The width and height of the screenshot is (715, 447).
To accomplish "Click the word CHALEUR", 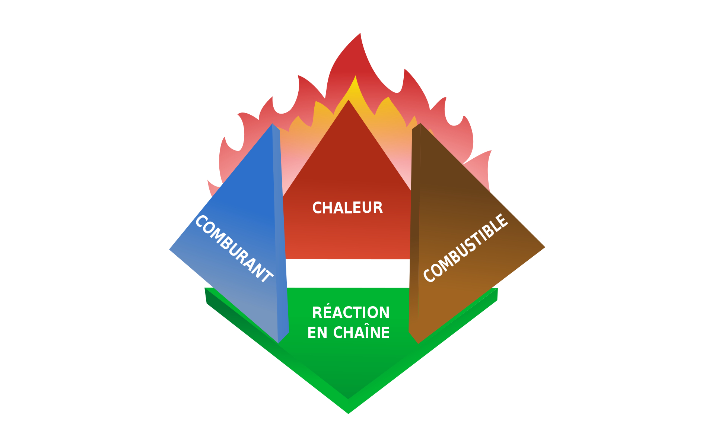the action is (x=347, y=208).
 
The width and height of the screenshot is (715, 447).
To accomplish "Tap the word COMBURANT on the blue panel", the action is (x=234, y=249).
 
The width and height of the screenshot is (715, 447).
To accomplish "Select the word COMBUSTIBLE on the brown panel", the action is (x=466, y=248).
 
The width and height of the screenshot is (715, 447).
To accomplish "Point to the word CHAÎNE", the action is (x=361, y=333).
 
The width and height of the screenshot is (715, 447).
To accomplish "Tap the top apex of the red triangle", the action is (x=348, y=99).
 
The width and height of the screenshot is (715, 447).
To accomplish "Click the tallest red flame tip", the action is (x=360, y=33).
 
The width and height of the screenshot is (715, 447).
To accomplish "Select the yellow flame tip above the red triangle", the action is (x=356, y=76).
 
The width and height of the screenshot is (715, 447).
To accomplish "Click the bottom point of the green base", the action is (x=348, y=414).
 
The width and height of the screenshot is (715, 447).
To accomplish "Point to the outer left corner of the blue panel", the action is (x=169, y=250).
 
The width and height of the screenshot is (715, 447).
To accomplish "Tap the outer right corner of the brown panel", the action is (x=545, y=247).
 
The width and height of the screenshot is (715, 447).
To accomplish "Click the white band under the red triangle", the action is (x=348, y=273).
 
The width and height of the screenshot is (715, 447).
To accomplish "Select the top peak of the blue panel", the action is (x=272, y=124).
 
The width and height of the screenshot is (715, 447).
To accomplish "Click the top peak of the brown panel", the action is (x=420, y=123).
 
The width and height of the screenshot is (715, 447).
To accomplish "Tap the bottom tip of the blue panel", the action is (x=278, y=343).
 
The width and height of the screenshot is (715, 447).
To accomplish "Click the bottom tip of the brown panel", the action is (x=418, y=343).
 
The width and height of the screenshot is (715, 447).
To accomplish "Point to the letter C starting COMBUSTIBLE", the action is (x=429, y=275).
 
